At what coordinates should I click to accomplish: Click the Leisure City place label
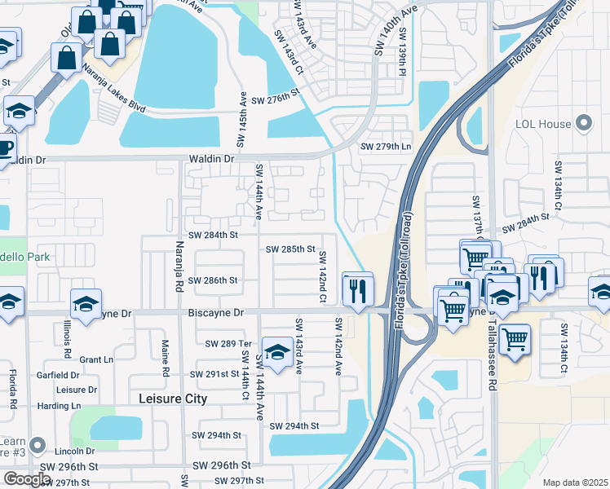(172, 399)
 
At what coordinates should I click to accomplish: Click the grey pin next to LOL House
(583, 123)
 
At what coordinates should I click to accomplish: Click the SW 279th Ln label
(386, 147)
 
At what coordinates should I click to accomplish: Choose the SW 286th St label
(212, 280)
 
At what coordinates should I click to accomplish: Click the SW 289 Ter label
(228, 345)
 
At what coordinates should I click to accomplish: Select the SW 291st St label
(214, 374)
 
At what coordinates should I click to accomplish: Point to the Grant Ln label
(96, 359)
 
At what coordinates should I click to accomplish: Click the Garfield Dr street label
(58, 376)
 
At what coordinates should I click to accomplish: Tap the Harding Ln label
(60, 405)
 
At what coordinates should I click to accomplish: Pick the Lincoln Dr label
(75, 451)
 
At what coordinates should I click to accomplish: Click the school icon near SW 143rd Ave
(277, 352)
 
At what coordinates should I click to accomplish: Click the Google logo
(27, 479)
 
